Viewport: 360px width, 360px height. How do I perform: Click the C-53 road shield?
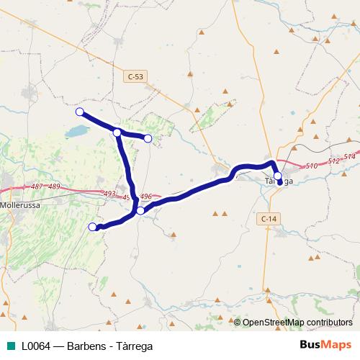coord(135,75)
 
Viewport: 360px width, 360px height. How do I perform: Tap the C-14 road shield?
coord(268,217)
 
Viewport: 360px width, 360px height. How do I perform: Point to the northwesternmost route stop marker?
coord(80,112)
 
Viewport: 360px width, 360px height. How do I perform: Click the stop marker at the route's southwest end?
coord(92,227)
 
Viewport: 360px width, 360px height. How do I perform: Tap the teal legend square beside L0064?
coord(10,346)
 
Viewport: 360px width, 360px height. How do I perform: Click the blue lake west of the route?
coord(74,132)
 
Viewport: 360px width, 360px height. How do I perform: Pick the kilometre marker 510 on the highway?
coord(312,166)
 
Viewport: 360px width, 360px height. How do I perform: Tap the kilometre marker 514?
coord(349,157)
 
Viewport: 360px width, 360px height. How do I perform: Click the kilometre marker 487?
coord(37,186)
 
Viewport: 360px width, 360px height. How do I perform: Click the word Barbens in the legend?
coord(84,346)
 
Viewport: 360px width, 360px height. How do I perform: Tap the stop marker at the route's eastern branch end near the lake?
coord(148,138)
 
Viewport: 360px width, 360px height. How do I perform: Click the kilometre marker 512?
coord(333,161)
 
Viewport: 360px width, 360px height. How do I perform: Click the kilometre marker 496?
coord(145,196)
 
